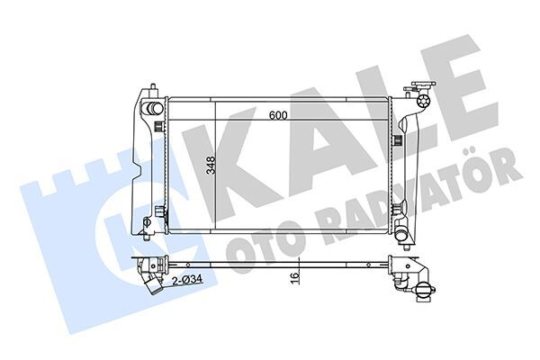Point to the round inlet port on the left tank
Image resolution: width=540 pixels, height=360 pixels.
pos(152,108)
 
